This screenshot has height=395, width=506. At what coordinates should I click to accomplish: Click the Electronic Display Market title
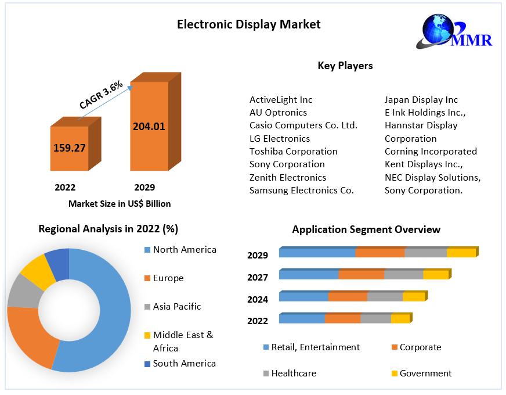[248, 24]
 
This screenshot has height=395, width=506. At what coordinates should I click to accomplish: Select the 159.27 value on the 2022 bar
[70, 148]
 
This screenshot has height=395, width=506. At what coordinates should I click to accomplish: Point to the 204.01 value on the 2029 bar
[149, 126]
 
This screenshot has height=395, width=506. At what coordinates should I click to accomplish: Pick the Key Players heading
[345, 66]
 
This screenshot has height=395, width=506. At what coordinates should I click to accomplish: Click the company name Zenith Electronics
[288, 177]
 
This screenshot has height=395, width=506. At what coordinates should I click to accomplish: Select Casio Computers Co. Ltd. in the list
[303, 125]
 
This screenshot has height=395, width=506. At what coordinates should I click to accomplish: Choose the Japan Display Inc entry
[421, 100]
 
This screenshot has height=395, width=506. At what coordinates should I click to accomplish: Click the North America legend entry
[185, 250]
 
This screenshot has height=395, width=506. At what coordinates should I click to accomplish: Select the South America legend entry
[184, 364]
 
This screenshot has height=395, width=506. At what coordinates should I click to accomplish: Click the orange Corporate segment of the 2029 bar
[380, 253]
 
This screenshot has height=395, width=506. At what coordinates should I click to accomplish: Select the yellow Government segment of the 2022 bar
[400, 319]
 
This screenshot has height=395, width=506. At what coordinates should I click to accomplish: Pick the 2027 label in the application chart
[258, 278]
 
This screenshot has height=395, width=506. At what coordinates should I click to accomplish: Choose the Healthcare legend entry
[294, 374]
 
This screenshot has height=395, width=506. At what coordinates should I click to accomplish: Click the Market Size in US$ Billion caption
[120, 204]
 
